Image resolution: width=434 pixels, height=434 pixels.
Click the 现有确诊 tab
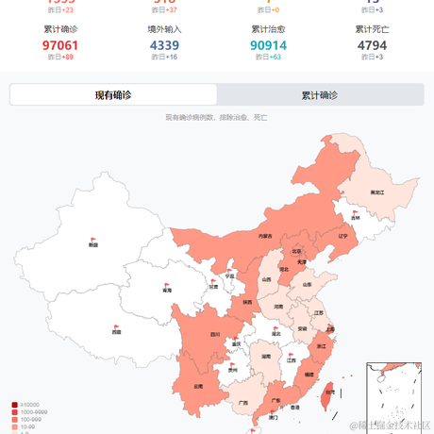[113, 95]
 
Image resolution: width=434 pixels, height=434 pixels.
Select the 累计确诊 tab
[319, 95]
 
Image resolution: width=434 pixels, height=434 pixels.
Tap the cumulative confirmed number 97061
[60, 45]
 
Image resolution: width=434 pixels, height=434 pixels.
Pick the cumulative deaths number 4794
[372, 45]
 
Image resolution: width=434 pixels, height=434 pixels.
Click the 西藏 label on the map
[116, 332]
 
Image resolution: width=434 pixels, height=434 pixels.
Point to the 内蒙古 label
[265, 236]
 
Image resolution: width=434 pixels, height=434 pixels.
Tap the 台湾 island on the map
[327, 392]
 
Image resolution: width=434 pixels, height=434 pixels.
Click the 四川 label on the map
[214, 334]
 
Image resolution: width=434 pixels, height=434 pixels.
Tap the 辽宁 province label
[343, 236]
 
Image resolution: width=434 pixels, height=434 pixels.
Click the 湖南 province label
[266, 357]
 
